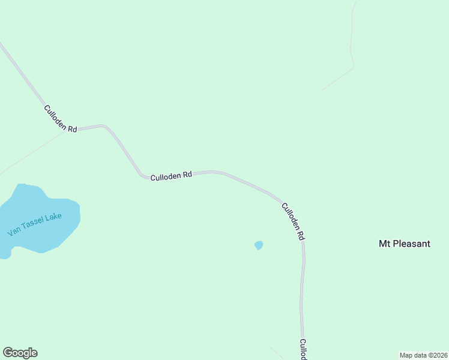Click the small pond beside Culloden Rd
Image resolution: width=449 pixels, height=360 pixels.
pyautogui.click(x=259, y=245)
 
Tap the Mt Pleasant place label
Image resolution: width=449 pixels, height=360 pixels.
pyautogui.click(x=405, y=244)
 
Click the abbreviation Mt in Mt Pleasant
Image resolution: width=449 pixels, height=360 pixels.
pyautogui.click(x=385, y=244)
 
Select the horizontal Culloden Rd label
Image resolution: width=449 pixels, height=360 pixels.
pyautogui.click(x=171, y=176)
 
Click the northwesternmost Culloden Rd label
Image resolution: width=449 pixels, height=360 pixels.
pyautogui.click(x=60, y=119)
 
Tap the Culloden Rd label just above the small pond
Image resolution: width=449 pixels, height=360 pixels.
pyautogui.click(x=292, y=221)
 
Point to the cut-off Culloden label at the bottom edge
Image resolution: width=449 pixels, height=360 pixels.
pyautogui.click(x=304, y=350)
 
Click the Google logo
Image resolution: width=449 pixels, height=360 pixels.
pyautogui.click(x=20, y=353)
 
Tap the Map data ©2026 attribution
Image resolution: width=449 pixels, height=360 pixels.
pyautogui.click(x=423, y=355)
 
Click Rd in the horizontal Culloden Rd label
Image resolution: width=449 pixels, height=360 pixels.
pyautogui.click(x=187, y=175)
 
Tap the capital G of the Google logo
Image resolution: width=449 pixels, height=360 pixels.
pyautogui.click(x=8, y=353)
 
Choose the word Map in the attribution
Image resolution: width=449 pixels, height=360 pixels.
pyautogui.click(x=406, y=355)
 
